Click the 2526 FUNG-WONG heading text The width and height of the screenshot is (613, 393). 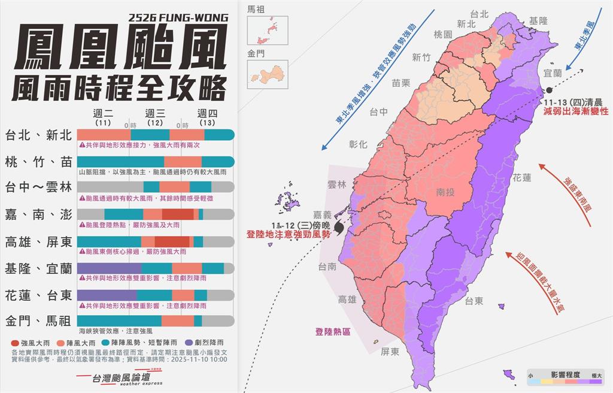pos(178,17)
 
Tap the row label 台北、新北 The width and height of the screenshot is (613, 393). pos(38,135)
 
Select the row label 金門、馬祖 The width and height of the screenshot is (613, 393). pos(38,321)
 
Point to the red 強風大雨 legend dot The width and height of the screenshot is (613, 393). pos(15,343)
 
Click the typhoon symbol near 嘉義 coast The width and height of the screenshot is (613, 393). pos(340,228)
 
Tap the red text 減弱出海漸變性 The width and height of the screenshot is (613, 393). pos(575,111)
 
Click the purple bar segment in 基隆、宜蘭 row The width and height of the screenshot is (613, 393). pos(109,268)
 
